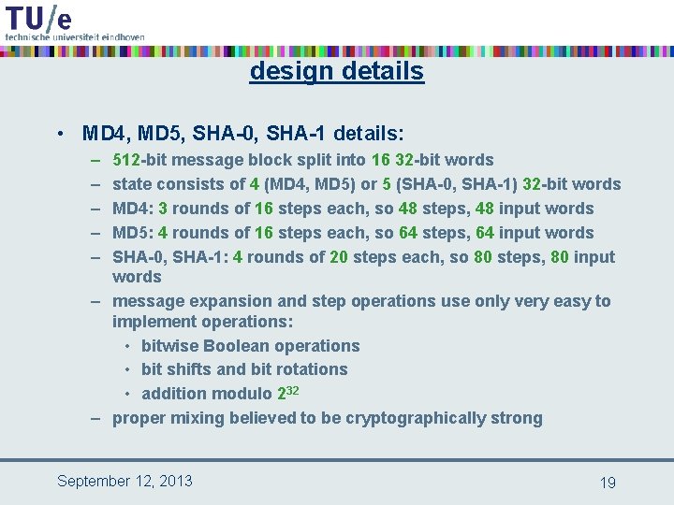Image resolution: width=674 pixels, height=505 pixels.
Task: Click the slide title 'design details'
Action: [336, 71]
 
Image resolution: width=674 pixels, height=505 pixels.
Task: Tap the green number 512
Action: [127, 160]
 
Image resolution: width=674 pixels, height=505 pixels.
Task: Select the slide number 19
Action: [608, 483]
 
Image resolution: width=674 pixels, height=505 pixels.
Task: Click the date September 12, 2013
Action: [125, 481]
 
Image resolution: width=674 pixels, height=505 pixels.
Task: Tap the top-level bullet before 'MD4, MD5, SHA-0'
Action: [60, 134]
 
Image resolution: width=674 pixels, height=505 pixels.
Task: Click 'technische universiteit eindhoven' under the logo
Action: [75, 36]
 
